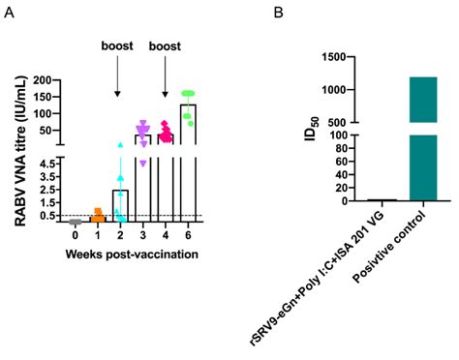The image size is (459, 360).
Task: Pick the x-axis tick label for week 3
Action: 142,235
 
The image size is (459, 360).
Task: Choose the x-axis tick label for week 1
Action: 97,235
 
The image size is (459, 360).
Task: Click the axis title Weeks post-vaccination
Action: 133,254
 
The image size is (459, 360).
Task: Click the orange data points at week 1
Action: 97,216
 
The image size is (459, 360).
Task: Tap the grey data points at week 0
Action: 75,222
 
